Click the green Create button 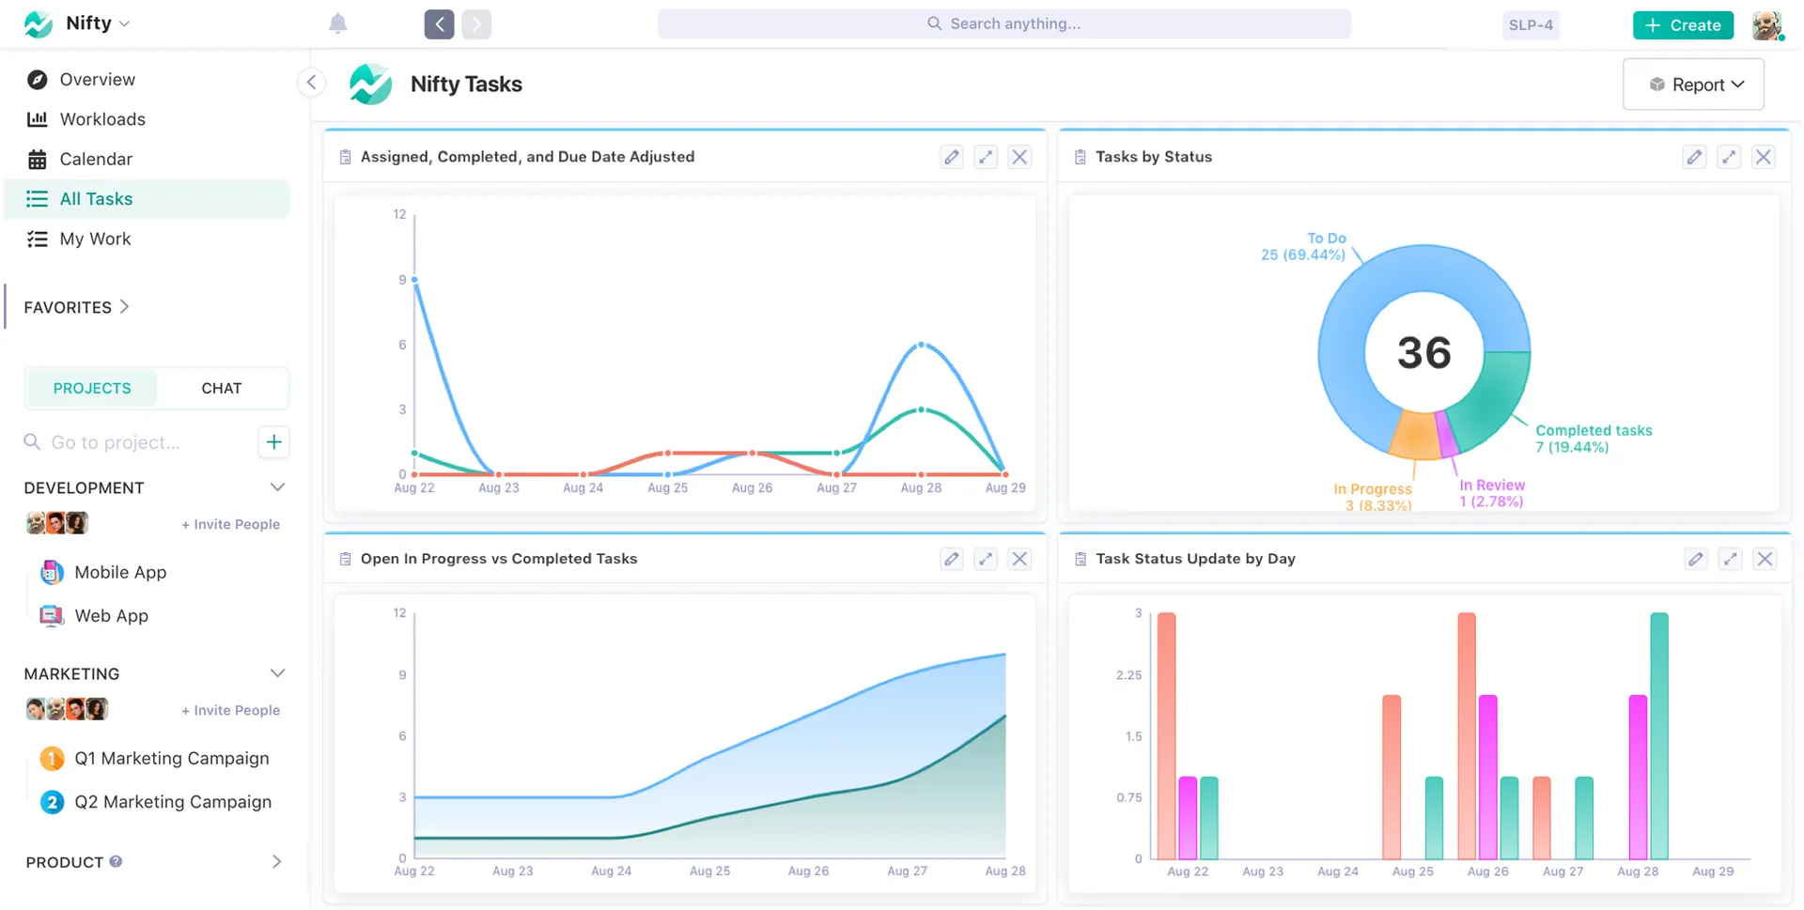coord(1683,25)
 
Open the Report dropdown coord(1693,85)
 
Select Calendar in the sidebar coord(96,159)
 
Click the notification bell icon coord(338,24)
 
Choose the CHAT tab coord(222,388)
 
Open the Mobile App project coord(120,572)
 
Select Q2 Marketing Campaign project coord(173,802)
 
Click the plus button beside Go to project coord(273,441)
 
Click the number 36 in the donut coord(1423,353)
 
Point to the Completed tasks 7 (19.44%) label coord(1593,439)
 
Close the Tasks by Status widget coord(1764,157)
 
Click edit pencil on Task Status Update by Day coord(1695,559)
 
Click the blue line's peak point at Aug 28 coord(922,345)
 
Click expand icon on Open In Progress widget coord(985,559)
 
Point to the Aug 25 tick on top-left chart coord(667,487)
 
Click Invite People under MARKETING coord(230,710)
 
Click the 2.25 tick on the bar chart coord(1128,675)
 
